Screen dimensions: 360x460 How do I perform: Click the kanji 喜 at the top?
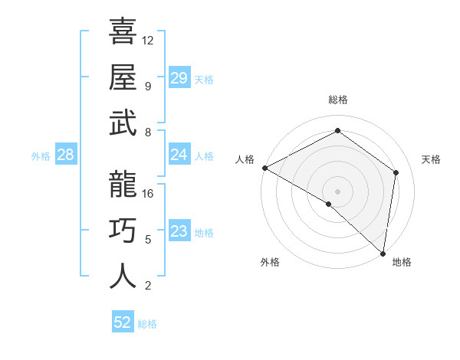[x=123, y=33]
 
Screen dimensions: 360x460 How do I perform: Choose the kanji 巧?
[x=123, y=230]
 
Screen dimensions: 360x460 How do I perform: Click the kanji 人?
[x=123, y=275]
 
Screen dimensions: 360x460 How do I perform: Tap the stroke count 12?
[x=148, y=40]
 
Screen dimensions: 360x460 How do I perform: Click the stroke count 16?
[x=148, y=193]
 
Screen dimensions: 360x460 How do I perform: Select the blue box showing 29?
[x=179, y=78]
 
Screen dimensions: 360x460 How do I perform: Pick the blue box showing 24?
[x=179, y=155]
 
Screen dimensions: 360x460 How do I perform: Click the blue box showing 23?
[x=179, y=231]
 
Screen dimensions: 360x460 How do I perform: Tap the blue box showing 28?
[x=65, y=155]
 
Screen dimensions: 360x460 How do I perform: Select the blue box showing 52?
[x=123, y=322]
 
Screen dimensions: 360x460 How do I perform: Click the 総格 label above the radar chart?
[x=337, y=100]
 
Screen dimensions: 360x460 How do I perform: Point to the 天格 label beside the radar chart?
[x=431, y=159]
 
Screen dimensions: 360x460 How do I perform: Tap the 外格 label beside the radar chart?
[x=270, y=262]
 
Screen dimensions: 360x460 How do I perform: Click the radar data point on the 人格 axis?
[x=264, y=168]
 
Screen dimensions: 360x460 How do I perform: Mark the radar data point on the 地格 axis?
[x=383, y=253]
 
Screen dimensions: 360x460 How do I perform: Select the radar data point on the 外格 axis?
[x=328, y=204]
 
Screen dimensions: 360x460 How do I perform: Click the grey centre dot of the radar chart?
[x=337, y=191]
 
